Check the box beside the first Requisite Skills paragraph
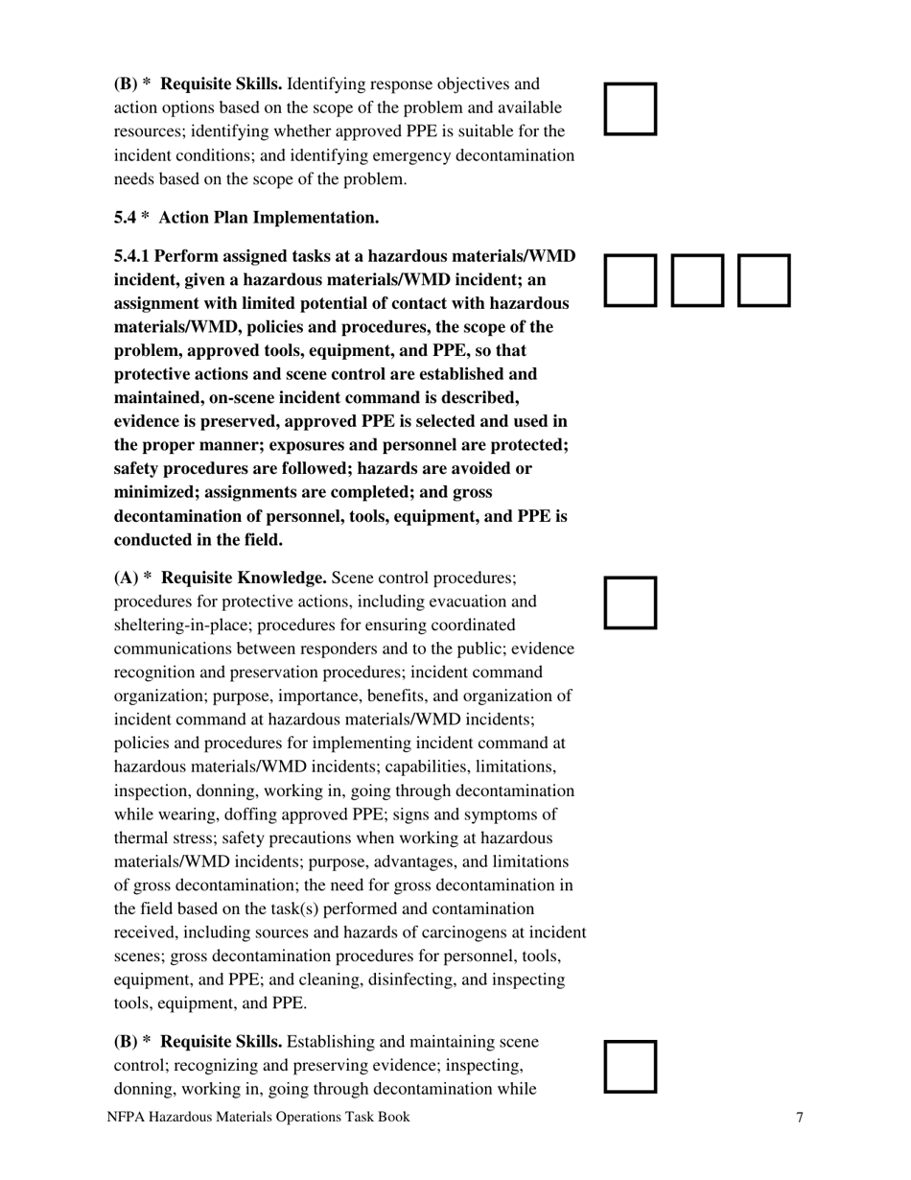630,108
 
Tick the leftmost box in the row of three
630,280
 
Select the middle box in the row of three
697,280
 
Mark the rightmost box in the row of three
764,280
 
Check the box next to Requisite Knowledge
630,602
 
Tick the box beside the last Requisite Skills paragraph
630,1067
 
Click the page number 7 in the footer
800,1117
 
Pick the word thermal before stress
140,838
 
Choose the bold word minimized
154,492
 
